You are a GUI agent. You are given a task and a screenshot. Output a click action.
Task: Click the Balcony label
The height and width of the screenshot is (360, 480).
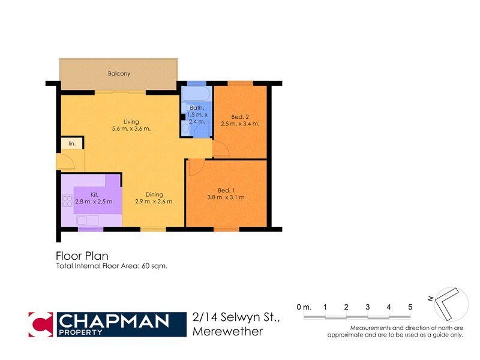(119, 74)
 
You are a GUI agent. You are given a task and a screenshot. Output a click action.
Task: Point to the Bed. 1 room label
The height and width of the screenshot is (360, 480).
(226, 190)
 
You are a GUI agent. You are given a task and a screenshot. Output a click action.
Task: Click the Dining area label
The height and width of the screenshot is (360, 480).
(155, 194)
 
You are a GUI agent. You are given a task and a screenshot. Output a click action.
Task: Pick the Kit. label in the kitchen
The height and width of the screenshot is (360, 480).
(94, 194)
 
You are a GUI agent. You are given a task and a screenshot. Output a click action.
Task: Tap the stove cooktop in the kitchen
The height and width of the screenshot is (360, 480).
(67, 201)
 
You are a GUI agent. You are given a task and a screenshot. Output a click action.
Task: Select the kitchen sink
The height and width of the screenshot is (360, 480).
(87, 220)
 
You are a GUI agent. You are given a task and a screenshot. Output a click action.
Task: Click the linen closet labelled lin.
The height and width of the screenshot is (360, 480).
(71, 143)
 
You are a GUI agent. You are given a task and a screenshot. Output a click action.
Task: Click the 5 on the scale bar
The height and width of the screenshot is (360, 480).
(410, 307)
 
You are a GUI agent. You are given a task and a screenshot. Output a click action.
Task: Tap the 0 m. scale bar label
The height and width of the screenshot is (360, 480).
(304, 307)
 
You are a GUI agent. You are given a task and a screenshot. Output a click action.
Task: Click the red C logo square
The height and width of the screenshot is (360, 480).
(43, 325)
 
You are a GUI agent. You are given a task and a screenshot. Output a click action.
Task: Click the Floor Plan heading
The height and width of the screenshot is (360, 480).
(82, 256)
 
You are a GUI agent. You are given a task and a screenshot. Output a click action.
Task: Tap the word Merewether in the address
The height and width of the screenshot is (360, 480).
(228, 331)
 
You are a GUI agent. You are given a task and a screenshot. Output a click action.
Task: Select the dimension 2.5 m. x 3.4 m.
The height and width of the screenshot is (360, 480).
(240, 124)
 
